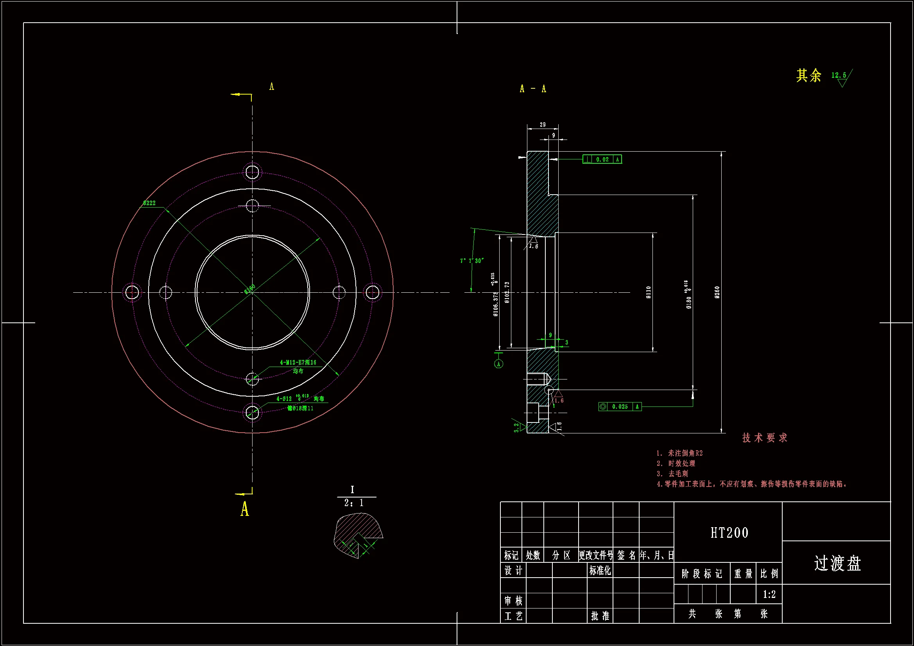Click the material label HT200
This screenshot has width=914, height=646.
point(729,533)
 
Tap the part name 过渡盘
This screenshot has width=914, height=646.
point(837,563)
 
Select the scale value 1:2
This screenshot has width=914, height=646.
point(769,594)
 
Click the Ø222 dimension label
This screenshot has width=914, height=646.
point(149,203)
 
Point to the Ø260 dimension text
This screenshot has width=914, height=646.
point(717,293)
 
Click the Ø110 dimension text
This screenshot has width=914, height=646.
point(649,293)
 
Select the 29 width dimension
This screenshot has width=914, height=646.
point(543,125)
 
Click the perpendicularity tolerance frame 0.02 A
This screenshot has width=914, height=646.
point(602,159)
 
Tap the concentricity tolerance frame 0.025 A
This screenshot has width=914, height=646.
point(620,406)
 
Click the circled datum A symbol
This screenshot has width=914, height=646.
point(498,364)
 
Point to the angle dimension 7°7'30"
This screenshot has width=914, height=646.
point(472,261)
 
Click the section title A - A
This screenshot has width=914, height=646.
point(532,89)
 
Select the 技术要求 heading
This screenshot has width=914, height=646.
point(764,438)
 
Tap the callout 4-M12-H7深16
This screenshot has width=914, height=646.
point(298,362)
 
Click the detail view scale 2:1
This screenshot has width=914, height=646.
point(353,503)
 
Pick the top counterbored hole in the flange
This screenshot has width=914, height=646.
point(252,172)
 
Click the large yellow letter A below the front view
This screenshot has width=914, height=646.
point(244,509)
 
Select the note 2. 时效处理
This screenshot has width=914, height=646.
point(676,463)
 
